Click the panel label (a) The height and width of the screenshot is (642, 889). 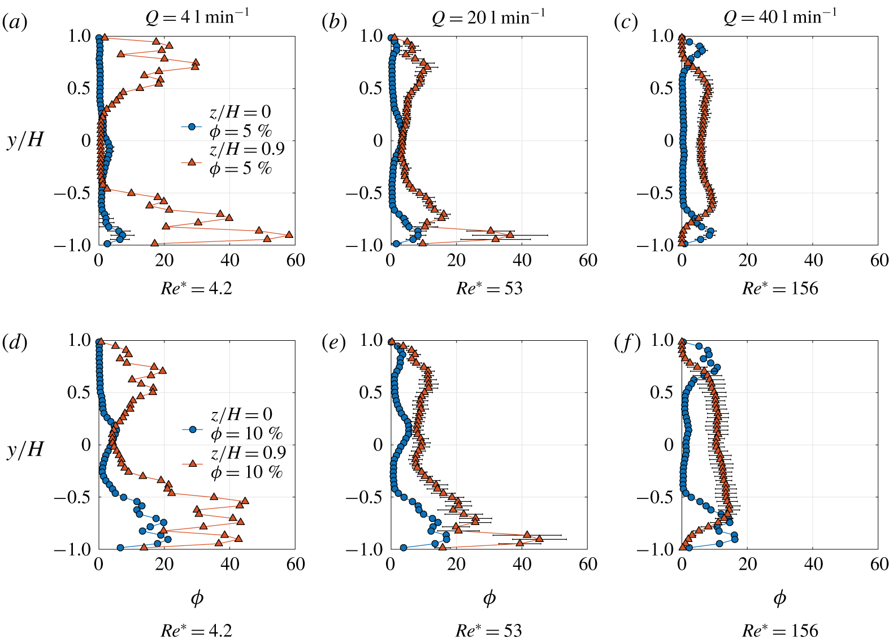[15, 23]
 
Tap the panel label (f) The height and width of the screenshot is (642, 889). [627, 342]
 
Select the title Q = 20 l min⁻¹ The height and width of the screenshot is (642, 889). [488, 18]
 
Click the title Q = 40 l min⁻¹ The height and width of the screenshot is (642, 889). [780, 18]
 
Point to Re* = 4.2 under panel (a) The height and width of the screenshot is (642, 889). [196, 288]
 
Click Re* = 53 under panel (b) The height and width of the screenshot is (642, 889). [489, 288]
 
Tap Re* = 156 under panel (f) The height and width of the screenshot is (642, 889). [780, 631]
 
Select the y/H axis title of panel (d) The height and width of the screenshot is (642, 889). [25, 449]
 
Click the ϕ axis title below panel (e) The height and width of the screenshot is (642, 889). [489, 598]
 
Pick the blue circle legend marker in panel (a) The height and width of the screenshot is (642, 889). [192, 127]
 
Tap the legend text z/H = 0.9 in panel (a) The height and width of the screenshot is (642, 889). [247, 149]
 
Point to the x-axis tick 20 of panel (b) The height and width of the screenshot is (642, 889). [456, 260]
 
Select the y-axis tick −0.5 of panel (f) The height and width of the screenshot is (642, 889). [655, 497]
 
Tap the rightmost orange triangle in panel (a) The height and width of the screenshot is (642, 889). [289, 234]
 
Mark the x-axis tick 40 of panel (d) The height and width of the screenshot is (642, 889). [229, 564]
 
